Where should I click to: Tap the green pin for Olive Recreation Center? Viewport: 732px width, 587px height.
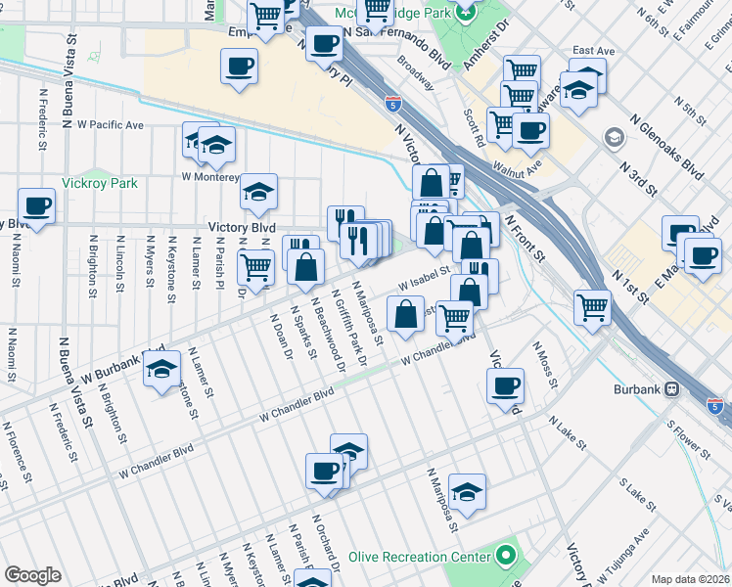505,557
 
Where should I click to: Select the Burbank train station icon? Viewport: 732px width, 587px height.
672,389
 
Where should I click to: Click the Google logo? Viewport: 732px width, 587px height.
32,575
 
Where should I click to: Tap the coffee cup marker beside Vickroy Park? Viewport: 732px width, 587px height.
36,206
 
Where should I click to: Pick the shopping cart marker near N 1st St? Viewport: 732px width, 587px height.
593,306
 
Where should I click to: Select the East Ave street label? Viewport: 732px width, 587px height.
593,51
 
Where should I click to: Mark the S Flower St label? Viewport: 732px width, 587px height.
684,439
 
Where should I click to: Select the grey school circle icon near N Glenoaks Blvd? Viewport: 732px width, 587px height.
614,136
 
